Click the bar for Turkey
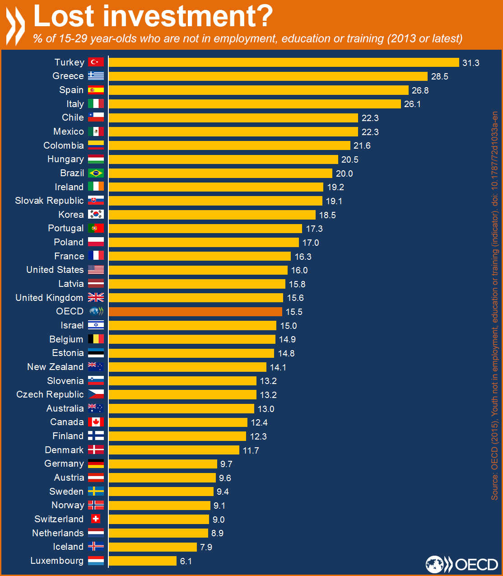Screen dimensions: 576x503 tap(284, 62)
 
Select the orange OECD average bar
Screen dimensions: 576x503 tap(195, 312)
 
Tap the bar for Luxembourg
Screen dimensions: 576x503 tap(142, 561)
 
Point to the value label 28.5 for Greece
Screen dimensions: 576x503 tap(439, 76)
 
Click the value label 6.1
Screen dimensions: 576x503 tap(186, 561)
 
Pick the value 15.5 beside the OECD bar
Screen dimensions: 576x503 tap(294, 312)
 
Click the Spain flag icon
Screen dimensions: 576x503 tap(96, 90)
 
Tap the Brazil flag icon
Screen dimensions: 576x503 tap(96, 173)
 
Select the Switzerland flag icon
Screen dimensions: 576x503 tap(96, 519)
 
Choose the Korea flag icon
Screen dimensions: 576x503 tap(96, 215)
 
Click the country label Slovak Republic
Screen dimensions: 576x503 tap(49, 201)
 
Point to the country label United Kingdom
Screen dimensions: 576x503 tap(49, 298)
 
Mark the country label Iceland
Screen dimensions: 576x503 tap(68, 547)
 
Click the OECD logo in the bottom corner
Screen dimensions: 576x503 tap(461, 564)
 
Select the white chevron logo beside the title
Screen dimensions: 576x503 tap(16, 25)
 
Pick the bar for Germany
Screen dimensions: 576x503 tap(163, 464)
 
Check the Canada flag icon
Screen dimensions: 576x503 tap(96, 422)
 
